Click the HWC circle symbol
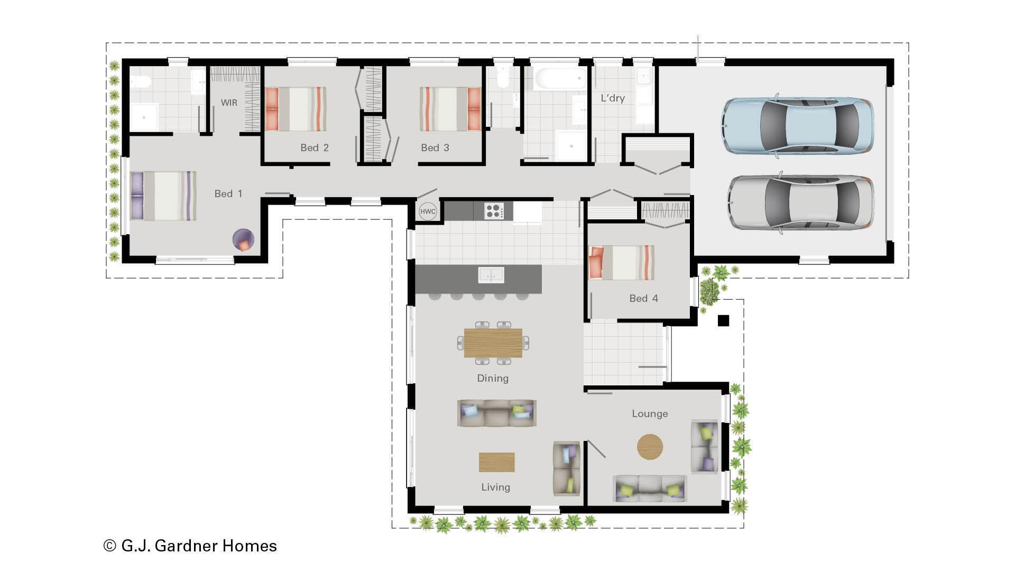coord(428,211)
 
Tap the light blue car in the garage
coord(798,125)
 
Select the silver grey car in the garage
coord(800,202)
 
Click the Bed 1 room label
coord(228,194)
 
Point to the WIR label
coord(229,103)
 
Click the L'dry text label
coord(613,98)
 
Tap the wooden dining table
coord(493,343)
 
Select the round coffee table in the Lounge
coord(650,447)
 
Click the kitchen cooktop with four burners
coord(494,211)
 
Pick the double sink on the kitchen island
coord(491,275)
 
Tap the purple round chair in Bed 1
coord(244,241)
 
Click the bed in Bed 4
coord(622,263)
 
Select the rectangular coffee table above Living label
coord(496,462)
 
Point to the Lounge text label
coord(650,414)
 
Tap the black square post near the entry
coord(723,320)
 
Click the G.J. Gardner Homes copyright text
coord(190,546)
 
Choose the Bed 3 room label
coord(435,148)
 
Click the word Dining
coord(493,379)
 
